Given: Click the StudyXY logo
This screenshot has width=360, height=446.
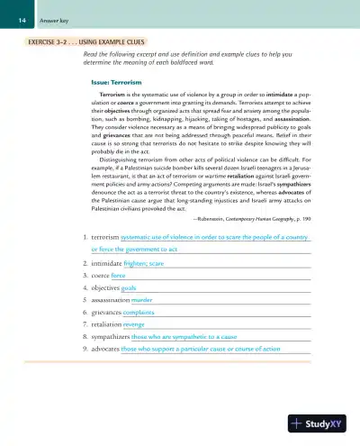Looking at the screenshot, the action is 322,424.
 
